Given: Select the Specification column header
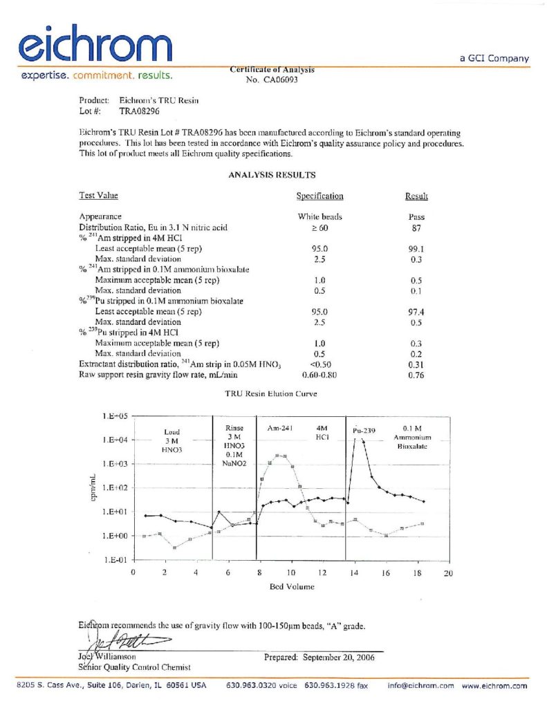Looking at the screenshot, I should click(x=319, y=196).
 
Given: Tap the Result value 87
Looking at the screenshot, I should click(x=416, y=227).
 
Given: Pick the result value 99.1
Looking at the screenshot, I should click(x=416, y=248).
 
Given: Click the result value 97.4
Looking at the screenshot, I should click(x=416, y=312).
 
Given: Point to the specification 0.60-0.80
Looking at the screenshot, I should click(x=319, y=375).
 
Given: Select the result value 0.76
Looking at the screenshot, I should click(x=416, y=375).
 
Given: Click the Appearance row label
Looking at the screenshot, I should click(x=100, y=216).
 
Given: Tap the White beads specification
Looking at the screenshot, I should click(x=319, y=216).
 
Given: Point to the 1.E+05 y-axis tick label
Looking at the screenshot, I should click(x=115, y=416).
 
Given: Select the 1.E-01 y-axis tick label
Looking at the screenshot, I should click(x=115, y=560).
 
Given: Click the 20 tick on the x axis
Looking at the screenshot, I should click(x=448, y=572).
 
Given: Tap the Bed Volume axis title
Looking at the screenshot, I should click(x=291, y=586).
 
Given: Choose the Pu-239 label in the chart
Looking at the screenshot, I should click(x=364, y=430).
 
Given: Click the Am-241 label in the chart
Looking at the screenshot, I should click(x=280, y=429).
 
